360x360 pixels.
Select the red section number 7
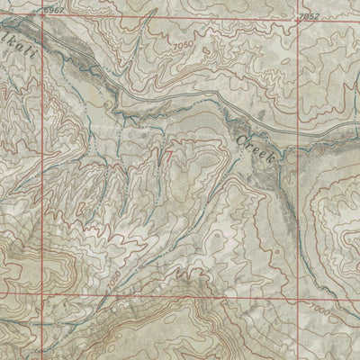pyautogui.click(x=168, y=154)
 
